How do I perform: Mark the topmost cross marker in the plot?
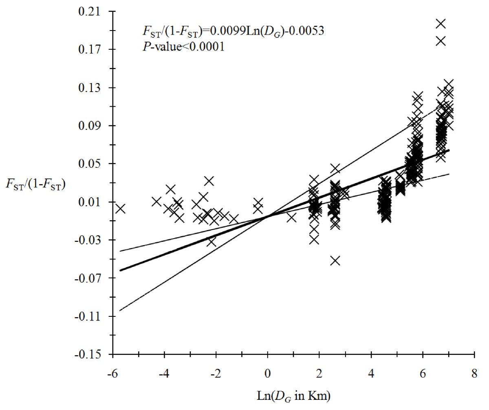pos(441,24)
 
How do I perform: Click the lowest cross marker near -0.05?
pos(335,261)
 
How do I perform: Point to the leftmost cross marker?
pos(120,209)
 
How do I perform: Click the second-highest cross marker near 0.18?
pos(441,41)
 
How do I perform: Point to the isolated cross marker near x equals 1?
pos(291,217)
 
